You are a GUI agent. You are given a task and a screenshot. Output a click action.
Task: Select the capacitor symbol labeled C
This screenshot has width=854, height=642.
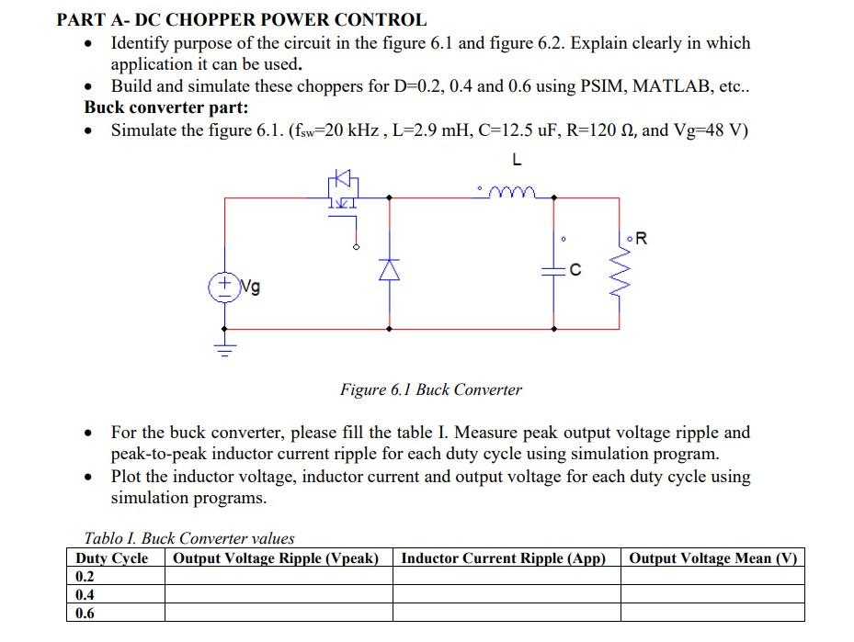554,269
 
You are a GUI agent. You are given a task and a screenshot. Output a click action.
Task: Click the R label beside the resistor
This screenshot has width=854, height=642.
641,239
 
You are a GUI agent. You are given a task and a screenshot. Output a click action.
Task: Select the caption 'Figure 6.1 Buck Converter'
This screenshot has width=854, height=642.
430,389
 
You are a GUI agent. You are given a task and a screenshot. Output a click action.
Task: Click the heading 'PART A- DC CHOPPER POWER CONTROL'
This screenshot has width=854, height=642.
242,19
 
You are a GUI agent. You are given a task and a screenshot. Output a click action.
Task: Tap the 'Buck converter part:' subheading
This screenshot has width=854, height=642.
166,107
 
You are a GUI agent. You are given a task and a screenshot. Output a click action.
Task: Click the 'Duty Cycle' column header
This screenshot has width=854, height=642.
112,558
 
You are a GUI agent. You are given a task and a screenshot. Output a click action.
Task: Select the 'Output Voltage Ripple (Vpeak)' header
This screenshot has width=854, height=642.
277,558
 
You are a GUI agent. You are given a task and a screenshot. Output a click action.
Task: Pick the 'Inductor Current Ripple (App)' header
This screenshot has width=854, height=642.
505,558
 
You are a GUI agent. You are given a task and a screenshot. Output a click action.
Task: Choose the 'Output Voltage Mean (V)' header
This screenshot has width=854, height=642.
712,558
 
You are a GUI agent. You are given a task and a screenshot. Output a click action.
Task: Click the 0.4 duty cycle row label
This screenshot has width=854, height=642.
85,594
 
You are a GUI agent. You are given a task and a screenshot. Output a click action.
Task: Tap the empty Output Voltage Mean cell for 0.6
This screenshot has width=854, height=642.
712,613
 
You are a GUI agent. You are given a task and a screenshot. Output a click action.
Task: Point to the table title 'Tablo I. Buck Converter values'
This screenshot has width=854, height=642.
189,538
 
